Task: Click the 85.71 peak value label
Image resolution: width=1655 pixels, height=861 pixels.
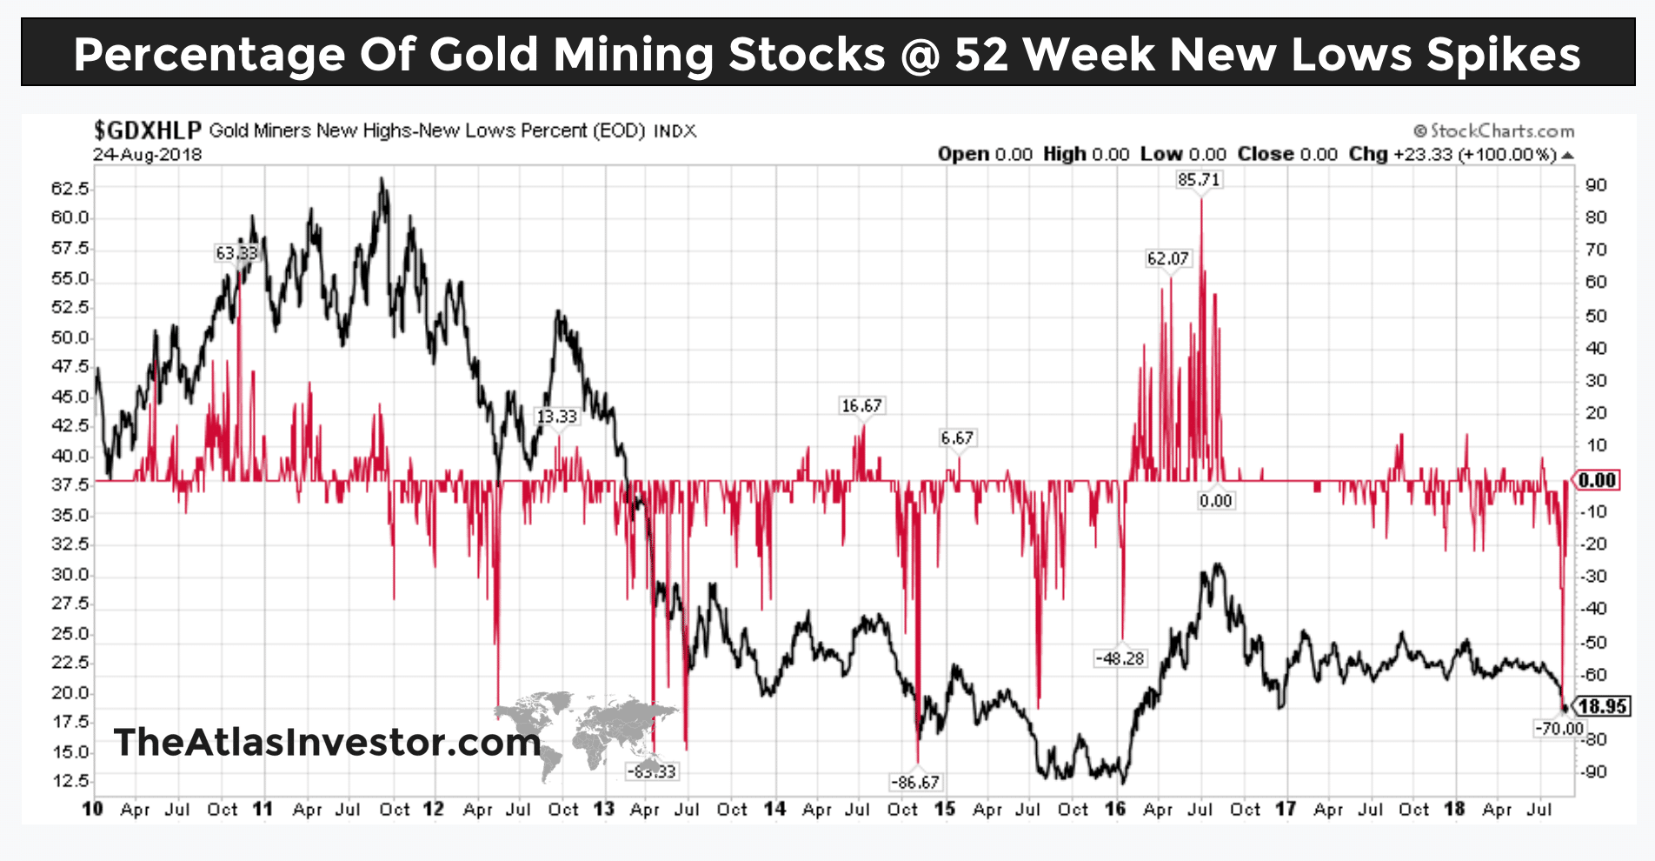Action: pyautogui.click(x=1199, y=180)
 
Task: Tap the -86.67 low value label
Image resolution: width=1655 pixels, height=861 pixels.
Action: pyautogui.click(x=915, y=782)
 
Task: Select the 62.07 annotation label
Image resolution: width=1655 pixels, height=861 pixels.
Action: pyautogui.click(x=1167, y=258)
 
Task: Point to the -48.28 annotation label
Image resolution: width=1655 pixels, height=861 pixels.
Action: pyautogui.click(x=1120, y=658)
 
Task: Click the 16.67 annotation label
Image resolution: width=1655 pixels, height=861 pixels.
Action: pyautogui.click(x=861, y=405)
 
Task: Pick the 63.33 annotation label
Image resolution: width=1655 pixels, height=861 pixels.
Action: pyautogui.click(x=236, y=253)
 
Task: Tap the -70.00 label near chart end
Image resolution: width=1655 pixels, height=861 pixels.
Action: pyautogui.click(x=1559, y=728)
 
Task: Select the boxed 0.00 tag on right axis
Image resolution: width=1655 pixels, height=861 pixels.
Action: pyautogui.click(x=1597, y=480)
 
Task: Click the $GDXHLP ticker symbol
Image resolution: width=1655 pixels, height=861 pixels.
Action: pyautogui.click(x=147, y=130)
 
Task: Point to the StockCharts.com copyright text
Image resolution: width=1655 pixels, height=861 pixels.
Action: pyautogui.click(x=1494, y=131)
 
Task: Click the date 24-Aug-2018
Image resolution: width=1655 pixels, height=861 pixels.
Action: pyautogui.click(x=147, y=155)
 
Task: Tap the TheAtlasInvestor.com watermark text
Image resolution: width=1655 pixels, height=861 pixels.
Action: pyautogui.click(x=327, y=742)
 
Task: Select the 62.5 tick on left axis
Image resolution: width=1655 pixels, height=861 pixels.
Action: pyautogui.click(x=70, y=188)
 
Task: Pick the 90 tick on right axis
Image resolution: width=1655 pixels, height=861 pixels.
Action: pyautogui.click(x=1596, y=185)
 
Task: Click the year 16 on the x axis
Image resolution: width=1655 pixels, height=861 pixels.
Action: pyautogui.click(x=1114, y=810)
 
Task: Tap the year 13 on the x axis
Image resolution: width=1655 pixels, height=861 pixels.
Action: pyautogui.click(x=603, y=810)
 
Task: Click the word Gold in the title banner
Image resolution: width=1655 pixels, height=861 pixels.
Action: pyautogui.click(x=483, y=54)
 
